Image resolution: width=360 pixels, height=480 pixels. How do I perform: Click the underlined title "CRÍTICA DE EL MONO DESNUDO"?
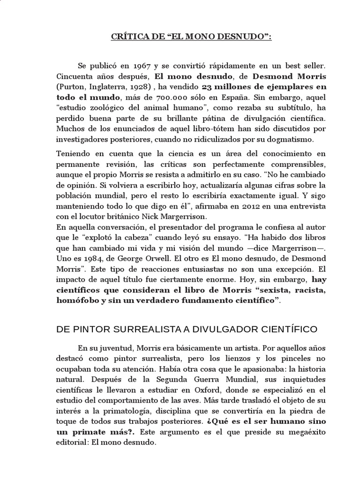180,36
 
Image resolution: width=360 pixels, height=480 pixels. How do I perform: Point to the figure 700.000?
177,98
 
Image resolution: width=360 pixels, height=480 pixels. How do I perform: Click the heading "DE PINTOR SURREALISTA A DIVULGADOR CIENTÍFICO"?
187,330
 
